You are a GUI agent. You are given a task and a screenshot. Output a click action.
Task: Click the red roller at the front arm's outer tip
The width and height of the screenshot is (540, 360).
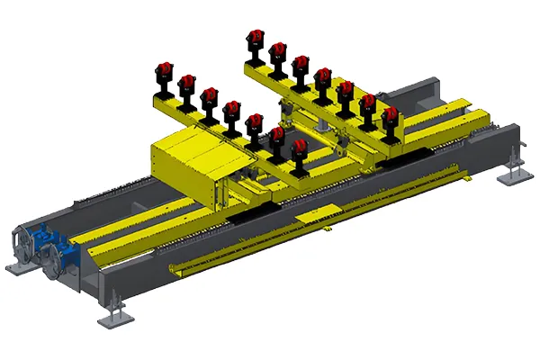[165, 68]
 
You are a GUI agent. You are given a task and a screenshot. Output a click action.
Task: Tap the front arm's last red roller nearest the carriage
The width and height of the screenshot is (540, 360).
[301, 146]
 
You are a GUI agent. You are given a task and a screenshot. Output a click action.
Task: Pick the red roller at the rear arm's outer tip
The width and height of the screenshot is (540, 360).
[256, 37]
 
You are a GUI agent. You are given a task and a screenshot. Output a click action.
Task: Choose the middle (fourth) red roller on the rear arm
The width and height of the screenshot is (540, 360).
[323, 76]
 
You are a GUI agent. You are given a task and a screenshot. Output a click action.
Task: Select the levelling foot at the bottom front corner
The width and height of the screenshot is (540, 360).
[112, 317]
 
